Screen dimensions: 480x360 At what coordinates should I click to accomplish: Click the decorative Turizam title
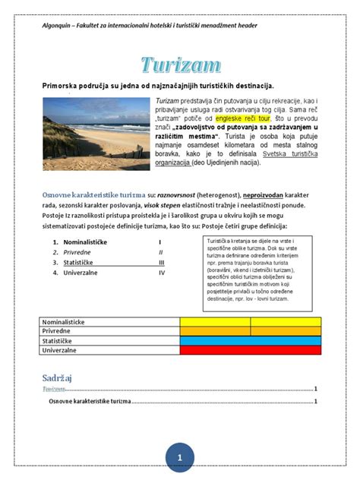(180, 66)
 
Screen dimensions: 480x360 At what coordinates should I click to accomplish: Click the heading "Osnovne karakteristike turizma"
(91, 194)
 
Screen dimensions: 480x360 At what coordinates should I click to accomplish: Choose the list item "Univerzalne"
(81, 271)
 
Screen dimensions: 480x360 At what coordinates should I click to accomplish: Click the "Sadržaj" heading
(58, 377)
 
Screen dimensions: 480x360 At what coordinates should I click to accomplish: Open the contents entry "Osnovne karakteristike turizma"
(90, 401)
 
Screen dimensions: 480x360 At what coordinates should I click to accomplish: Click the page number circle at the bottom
(180, 457)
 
